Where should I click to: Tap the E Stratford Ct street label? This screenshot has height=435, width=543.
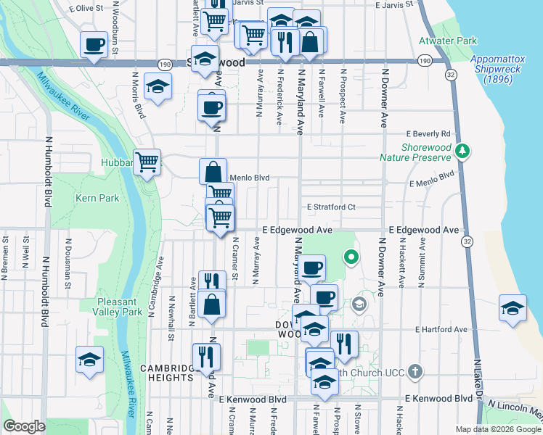point(330,207)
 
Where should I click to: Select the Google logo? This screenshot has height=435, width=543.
point(24,426)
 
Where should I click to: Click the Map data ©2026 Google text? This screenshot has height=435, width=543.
point(497,429)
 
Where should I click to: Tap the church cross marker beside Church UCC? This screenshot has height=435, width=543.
point(415,372)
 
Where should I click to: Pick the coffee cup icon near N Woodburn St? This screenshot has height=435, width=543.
point(94,46)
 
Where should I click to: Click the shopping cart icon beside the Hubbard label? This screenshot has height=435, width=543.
point(147,162)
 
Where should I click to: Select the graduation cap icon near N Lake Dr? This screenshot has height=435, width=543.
point(513,307)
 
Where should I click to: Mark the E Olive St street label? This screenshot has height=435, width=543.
point(86,8)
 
